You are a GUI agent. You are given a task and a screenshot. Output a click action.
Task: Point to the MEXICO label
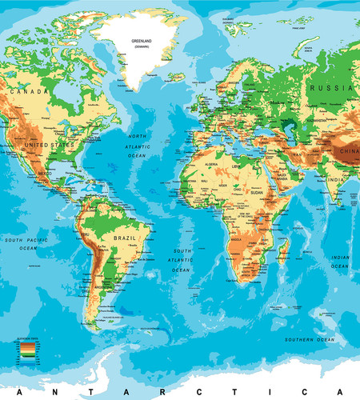[44, 173]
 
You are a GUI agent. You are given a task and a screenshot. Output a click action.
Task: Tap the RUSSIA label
[329, 89]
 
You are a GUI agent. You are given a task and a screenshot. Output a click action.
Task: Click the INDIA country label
[335, 181]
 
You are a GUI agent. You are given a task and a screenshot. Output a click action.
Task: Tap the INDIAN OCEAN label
[341, 262]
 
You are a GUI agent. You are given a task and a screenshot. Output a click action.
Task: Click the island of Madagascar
[282, 254]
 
